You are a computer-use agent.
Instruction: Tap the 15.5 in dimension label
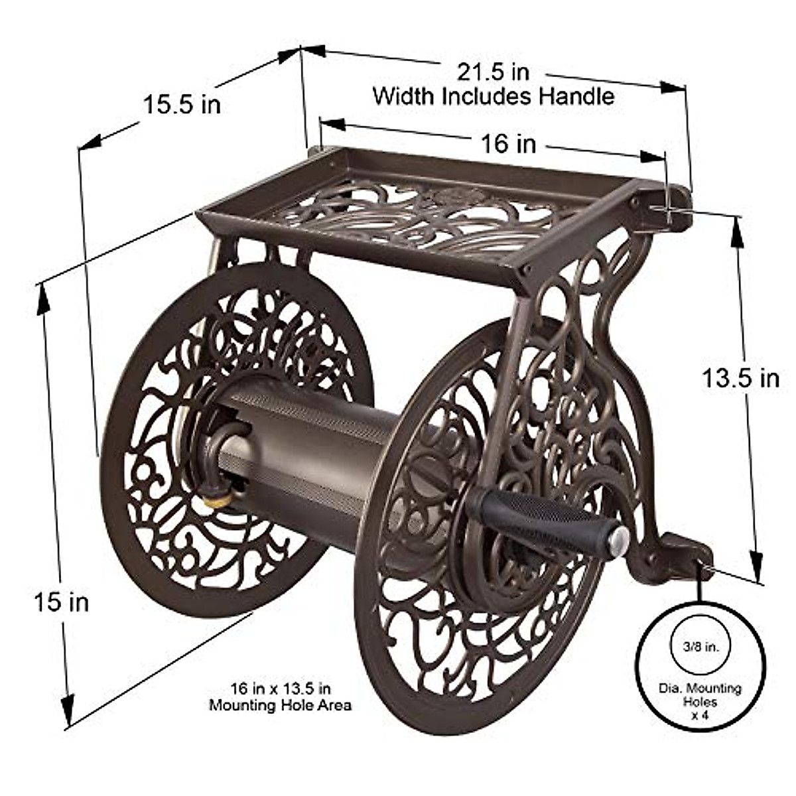click(x=182, y=104)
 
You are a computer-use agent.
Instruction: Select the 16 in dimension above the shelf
click(x=508, y=143)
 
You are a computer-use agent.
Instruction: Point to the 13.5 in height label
click(x=740, y=378)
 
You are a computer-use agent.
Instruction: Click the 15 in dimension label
click(x=61, y=602)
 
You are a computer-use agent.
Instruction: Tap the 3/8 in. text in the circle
click(x=700, y=645)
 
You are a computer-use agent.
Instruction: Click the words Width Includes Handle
click(x=493, y=96)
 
